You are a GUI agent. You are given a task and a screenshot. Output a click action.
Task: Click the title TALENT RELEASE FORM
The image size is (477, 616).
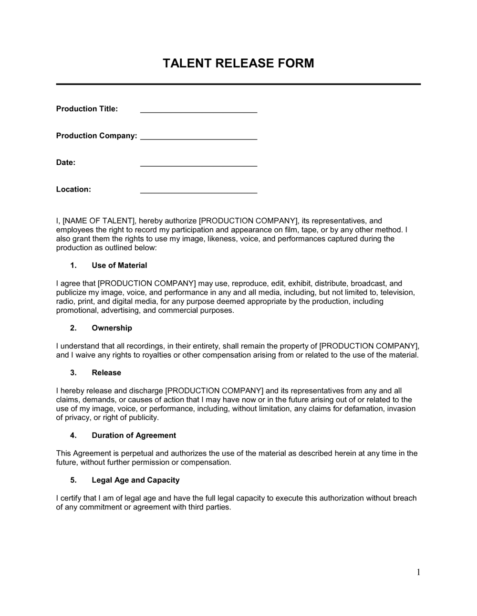tap(238, 64)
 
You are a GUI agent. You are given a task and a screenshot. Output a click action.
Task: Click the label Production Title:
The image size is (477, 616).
tap(87, 109)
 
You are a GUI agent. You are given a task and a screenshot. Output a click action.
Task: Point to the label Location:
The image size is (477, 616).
tap(73, 189)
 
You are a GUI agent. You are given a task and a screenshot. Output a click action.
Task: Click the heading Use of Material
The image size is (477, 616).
tap(119, 266)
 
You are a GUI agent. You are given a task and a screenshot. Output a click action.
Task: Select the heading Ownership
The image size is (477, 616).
tap(112, 328)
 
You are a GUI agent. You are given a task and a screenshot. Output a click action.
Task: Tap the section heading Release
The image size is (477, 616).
tap(106, 372)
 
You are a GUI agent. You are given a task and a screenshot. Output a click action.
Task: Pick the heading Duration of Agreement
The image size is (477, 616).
tap(134, 435)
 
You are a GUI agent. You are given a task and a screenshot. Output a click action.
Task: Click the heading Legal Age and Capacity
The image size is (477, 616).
tap(135, 480)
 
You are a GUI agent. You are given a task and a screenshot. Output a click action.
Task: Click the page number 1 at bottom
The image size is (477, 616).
tap(418, 573)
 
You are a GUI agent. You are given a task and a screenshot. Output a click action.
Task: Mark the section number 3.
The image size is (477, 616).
tap(73, 372)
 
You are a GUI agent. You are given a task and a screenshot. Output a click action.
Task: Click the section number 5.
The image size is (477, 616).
tap(73, 480)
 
